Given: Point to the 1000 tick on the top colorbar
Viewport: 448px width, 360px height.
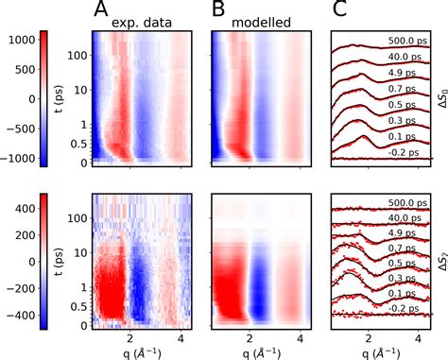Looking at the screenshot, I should pyautogui.click(x=18, y=41).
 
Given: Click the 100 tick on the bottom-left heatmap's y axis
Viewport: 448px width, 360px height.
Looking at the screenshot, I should pyautogui.click(x=78, y=218).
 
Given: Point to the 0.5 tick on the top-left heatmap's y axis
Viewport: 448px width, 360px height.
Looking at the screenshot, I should pyautogui.click(x=78, y=146).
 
